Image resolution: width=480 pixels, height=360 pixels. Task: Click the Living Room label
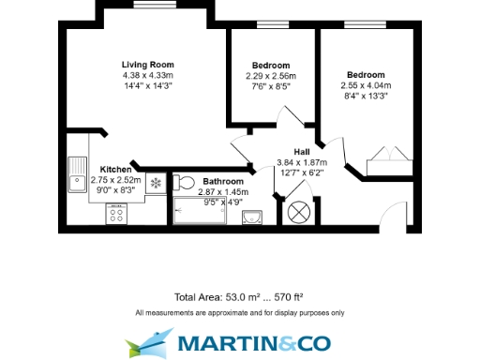[x=148, y=65]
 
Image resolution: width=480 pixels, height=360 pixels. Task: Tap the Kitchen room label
[x=115, y=170]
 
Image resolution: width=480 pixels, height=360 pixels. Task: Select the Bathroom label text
[x=223, y=181]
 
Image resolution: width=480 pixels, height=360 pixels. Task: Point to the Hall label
[x=301, y=152]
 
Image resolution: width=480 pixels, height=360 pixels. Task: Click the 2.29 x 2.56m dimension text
[x=271, y=76]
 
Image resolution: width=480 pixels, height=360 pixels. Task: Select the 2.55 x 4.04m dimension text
[x=366, y=84]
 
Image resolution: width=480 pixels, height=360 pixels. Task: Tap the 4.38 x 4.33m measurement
[x=148, y=75]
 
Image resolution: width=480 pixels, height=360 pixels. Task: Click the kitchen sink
[x=77, y=174]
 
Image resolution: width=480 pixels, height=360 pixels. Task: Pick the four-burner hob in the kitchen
[x=117, y=214]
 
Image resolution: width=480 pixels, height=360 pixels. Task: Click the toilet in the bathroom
[x=185, y=181]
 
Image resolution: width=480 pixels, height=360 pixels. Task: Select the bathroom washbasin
[x=250, y=217]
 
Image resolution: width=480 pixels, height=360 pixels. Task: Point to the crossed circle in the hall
[x=301, y=211]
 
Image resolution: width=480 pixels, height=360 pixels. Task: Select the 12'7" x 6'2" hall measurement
[x=300, y=172]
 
